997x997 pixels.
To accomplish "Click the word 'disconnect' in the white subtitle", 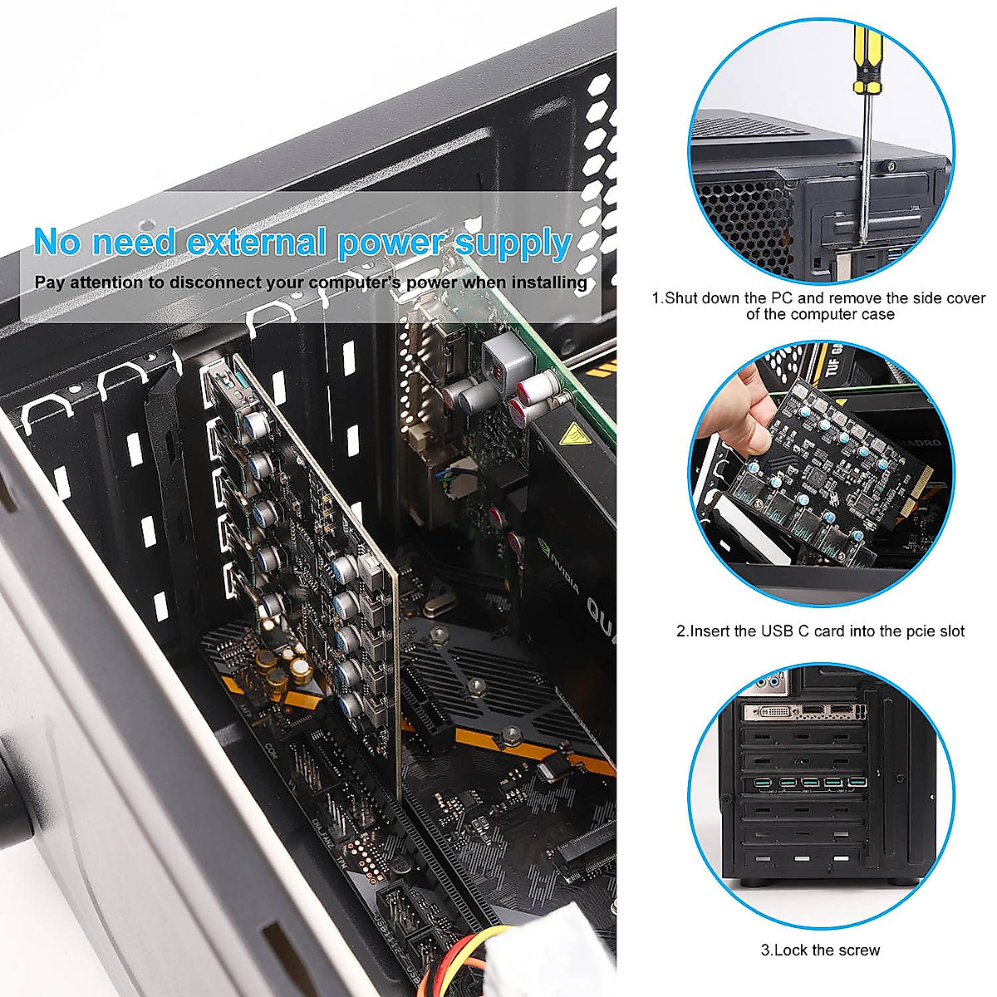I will pyautogui.click(x=214, y=282).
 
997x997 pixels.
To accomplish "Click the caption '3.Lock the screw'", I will pyautogui.click(x=820, y=950).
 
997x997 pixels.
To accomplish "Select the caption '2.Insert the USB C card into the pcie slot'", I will pyautogui.click(x=820, y=631).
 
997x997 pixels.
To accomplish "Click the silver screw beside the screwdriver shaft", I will pyautogui.click(x=890, y=167).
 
